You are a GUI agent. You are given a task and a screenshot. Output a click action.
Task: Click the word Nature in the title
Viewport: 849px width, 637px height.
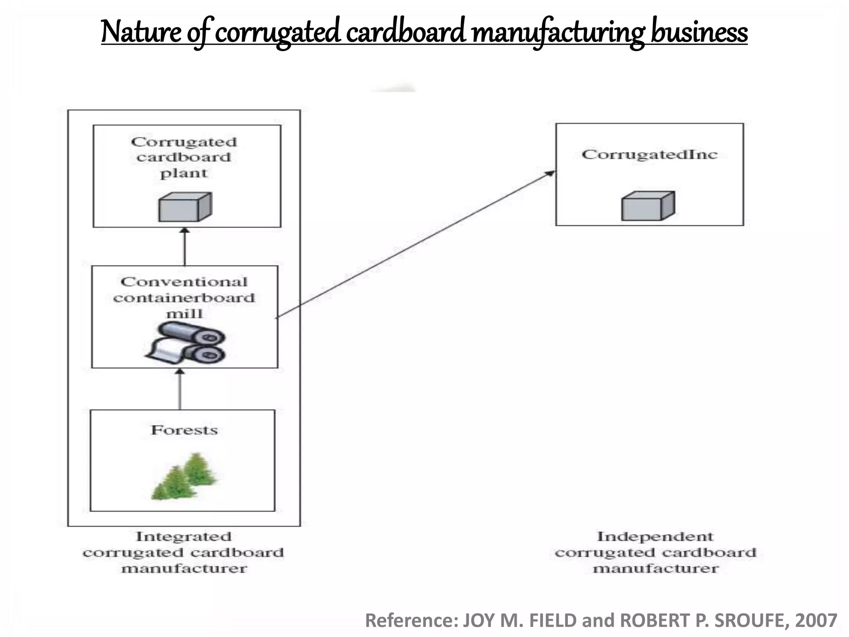141,32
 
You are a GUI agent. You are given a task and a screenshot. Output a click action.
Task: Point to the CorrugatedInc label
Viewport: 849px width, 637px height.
649,155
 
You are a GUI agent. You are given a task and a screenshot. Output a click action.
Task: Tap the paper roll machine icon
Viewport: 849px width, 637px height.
185,343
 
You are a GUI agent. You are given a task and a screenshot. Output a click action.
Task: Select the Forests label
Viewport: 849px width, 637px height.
184,430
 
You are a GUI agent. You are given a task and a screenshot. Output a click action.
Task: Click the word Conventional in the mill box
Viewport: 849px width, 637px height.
184,282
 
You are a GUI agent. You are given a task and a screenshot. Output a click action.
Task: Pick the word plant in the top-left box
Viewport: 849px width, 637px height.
184,173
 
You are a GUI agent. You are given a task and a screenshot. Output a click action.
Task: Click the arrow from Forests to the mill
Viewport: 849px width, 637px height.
180,390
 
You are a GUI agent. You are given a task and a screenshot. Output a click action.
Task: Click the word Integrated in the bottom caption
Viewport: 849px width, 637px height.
184,537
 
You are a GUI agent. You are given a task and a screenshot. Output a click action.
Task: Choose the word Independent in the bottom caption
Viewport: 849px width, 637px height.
655,537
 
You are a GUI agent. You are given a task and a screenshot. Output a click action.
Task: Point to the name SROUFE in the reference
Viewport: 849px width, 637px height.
751,621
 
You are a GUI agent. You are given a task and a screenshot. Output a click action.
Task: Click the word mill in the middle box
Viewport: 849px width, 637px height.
184,314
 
